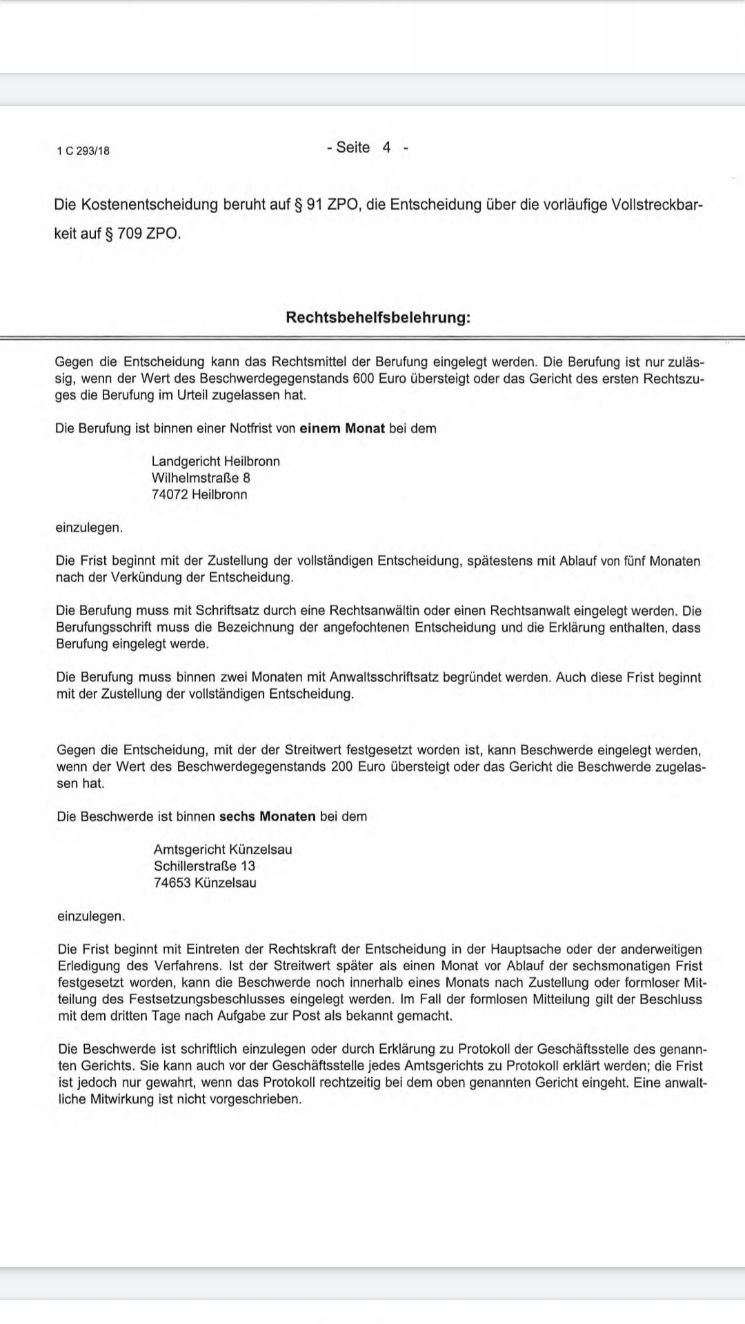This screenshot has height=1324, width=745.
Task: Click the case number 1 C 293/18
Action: [x=83, y=151]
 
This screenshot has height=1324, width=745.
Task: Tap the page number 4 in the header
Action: [x=386, y=148]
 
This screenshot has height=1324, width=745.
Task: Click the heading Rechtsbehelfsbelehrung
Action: [x=378, y=318]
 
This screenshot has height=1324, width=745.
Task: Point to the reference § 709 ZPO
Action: [x=143, y=234]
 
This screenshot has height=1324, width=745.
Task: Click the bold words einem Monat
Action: [x=342, y=428]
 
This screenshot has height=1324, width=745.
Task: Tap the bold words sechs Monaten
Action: [x=267, y=816]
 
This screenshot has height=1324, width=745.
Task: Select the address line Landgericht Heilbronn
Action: [x=216, y=461]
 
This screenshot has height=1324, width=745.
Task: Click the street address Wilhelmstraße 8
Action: [x=201, y=478]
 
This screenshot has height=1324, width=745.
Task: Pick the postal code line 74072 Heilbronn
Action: [x=199, y=494]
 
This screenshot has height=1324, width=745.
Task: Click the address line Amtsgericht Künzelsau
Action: [x=223, y=850]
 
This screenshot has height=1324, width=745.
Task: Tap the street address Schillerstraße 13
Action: [x=204, y=866]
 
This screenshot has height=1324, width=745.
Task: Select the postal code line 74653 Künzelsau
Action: [x=205, y=883]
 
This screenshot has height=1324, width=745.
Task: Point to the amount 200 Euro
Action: [x=358, y=767]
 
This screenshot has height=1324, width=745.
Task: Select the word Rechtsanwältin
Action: [x=377, y=611]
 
